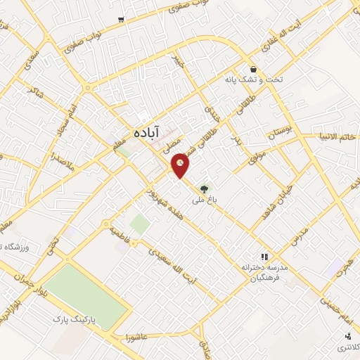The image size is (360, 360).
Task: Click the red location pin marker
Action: pyautogui.click(x=181, y=165)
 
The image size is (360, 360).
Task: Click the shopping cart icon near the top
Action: pyautogui.click(x=122, y=19)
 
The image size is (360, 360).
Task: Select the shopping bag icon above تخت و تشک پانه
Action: pyautogui.click(x=252, y=69)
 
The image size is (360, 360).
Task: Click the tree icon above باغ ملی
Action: pyautogui.click(x=204, y=188)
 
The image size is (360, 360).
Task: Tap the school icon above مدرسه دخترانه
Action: pyautogui.click(x=265, y=257)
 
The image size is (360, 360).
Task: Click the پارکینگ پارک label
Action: pyautogui.click(x=78, y=319)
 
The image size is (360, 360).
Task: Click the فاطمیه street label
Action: pyautogui.click(x=120, y=231)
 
